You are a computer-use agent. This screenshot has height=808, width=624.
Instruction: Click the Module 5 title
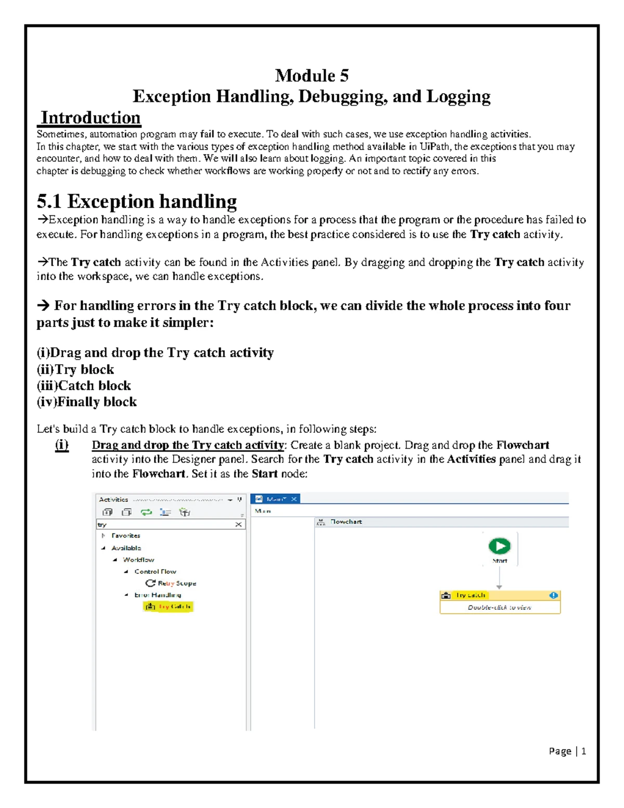[x=311, y=76]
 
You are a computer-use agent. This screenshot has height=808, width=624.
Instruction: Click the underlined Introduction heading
[x=90, y=118]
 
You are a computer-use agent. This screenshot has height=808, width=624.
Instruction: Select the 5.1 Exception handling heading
[x=137, y=201]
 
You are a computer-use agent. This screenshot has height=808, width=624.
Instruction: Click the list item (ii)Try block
[x=75, y=369]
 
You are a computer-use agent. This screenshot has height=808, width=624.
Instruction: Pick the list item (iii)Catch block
[x=84, y=386]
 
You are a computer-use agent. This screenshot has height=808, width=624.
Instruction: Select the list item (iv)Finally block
[x=87, y=402]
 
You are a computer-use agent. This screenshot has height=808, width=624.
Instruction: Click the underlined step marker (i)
[x=61, y=445]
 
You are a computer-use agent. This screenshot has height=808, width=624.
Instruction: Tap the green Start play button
[x=499, y=546]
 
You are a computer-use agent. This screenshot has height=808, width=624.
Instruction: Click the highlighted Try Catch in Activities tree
[x=168, y=607]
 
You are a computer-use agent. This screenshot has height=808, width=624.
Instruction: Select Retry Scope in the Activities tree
[x=176, y=583]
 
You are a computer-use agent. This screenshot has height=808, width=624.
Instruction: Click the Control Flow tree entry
[x=155, y=571]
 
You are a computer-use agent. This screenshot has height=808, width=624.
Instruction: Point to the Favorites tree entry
[x=125, y=535]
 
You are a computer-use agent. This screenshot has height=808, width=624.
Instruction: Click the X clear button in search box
[x=238, y=524]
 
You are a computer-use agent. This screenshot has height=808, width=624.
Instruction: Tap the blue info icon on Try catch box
[x=553, y=595]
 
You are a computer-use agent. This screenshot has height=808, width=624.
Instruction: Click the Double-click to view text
[x=499, y=607]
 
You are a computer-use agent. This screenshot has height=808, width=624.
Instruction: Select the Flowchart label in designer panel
[x=346, y=521]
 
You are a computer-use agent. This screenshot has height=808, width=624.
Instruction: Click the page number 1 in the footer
[x=583, y=751]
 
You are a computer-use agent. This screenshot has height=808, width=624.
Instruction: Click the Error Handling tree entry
[x=158, y=595]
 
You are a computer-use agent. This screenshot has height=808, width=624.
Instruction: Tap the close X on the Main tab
[x=294, y=499]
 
